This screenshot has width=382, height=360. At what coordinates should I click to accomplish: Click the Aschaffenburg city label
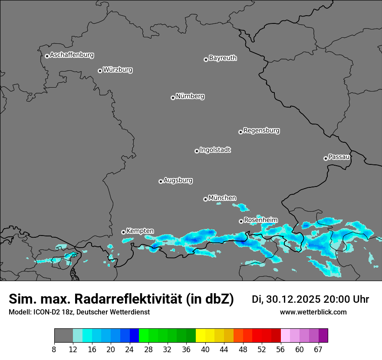click(x=72, y=55)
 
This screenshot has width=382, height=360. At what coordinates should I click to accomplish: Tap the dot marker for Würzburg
click(x=100, y=71)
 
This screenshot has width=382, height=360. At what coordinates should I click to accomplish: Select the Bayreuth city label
click(x=223, y=58)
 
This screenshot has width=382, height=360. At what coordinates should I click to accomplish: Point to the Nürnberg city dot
click(x=173, y=98)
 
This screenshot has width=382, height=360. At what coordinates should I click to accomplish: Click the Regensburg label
click(x=261, y=131)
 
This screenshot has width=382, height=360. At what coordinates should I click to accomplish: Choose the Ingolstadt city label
click(x=215, y=150)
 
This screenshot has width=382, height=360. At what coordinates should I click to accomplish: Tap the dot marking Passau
click(x=326, y=158)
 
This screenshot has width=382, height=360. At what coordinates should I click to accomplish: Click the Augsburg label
click(x=178, y=180)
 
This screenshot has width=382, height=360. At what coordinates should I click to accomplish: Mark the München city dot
click(x=205, y=199)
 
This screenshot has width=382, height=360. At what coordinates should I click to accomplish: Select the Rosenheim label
click(x=260, y=220)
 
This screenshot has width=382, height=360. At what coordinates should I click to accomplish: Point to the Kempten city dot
click(x=123, y=232)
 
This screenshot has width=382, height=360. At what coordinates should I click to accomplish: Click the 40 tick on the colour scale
click(x=205, y=350)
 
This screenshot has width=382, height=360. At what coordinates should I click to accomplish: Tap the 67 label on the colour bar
click(x=318, y=350)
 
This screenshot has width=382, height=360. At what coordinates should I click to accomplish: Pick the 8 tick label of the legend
click(x=54, y=350)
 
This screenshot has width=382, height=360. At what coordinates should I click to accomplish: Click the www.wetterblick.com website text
click(x=313, y=312)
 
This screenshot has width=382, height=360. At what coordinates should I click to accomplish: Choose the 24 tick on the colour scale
click(x=130, y=350)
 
